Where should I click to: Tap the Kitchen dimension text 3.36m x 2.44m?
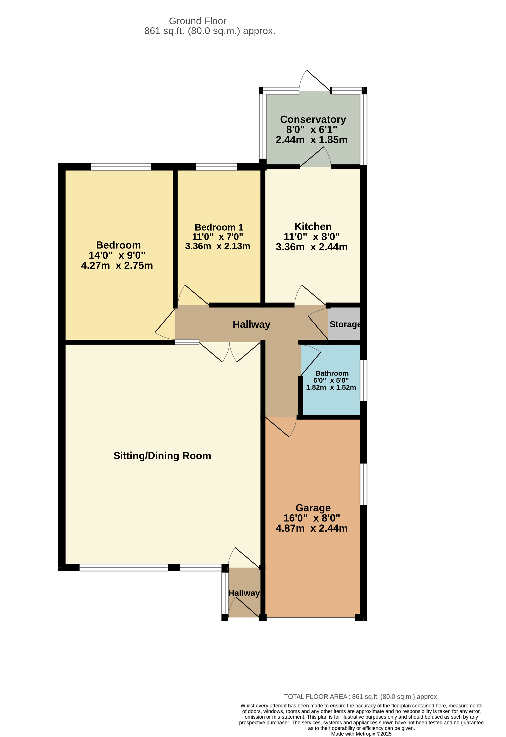(x=311, y=247)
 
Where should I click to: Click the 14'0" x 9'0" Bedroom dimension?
(x=117, y=255)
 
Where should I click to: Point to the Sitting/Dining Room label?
(x=162, y=456)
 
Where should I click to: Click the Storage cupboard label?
(x=345, y=324)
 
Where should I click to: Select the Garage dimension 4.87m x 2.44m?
(x=311, y=528)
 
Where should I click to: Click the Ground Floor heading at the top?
(x=197, y=21)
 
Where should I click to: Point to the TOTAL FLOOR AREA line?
(x=361, y=697)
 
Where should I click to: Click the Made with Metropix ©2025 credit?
(x=361, y=734)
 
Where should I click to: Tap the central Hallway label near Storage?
(x=251, y=324)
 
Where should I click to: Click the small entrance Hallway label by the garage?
(x=244, y=593)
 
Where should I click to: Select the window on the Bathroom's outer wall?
(x=363, y=381)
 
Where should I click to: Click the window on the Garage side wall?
(x=363, y=484)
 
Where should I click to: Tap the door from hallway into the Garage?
(x=281, y=427)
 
